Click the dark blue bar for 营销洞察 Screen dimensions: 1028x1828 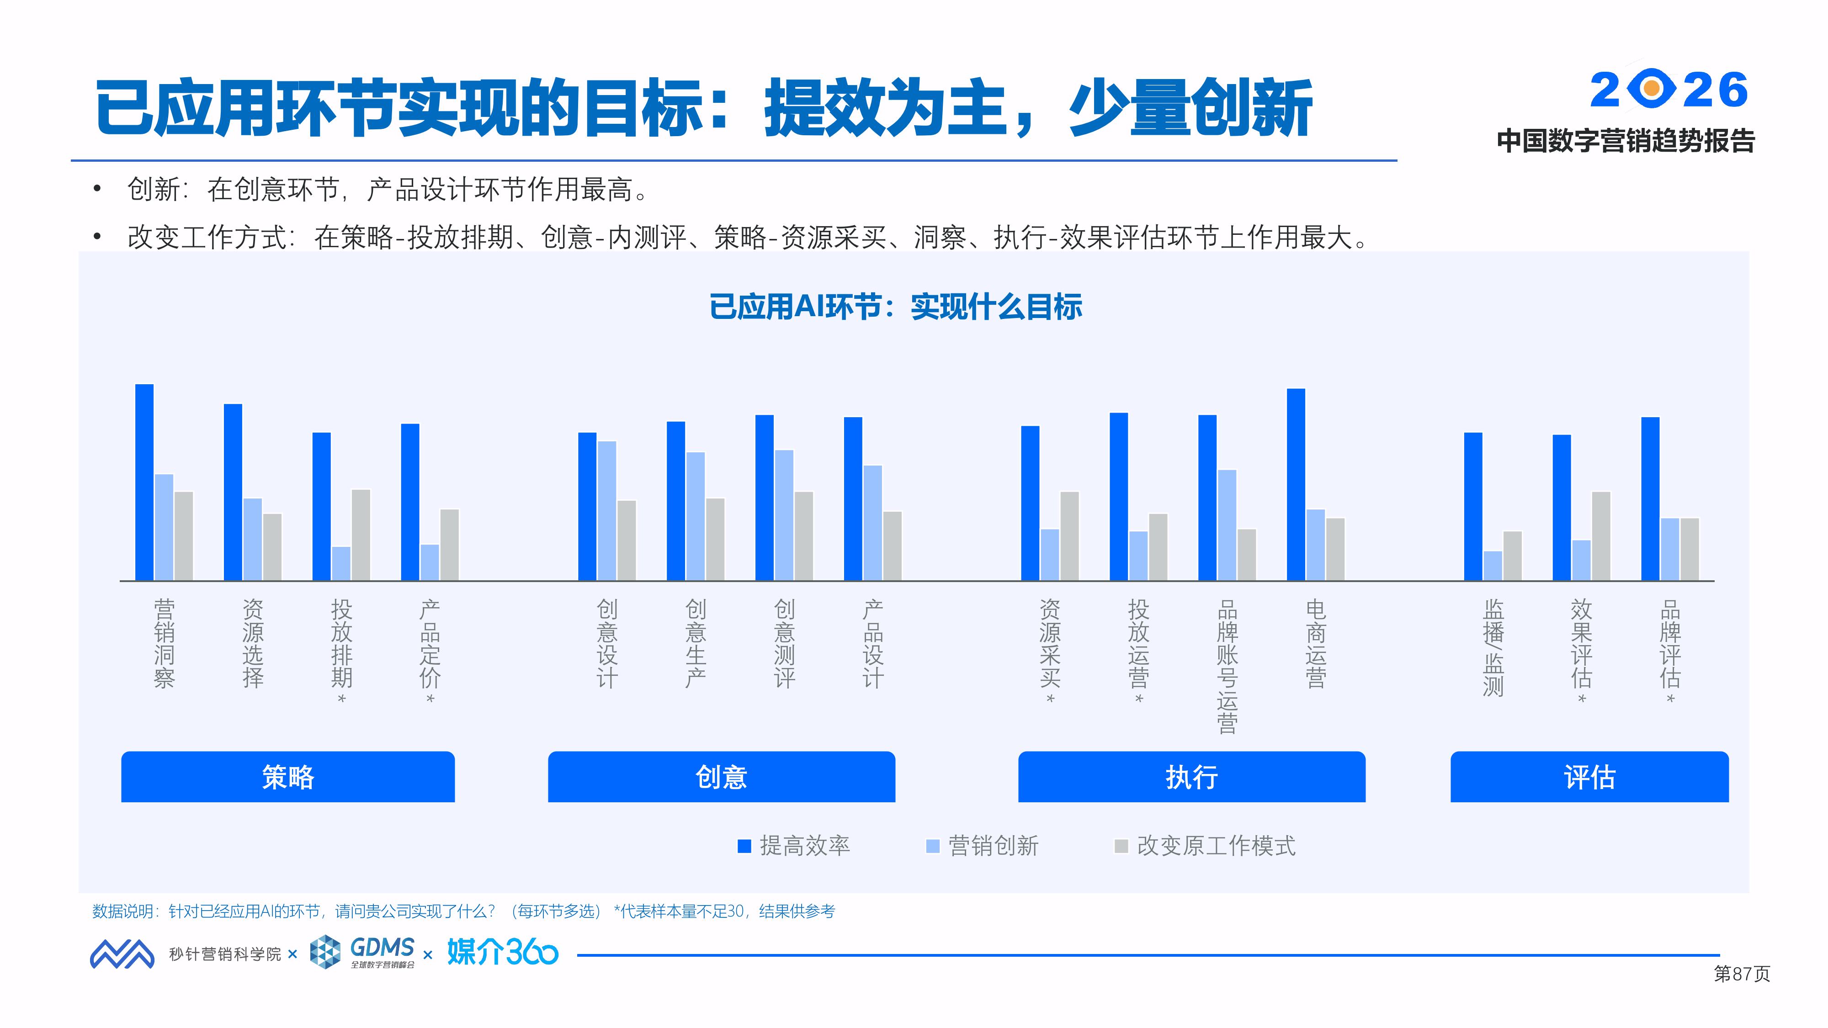pyautogui.click(x=144, y=482)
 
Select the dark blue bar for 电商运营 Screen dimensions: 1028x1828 pyautogui.click(x=1296, y=485)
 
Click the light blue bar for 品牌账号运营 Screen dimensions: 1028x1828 pyautogui.click(x=1227, y=525)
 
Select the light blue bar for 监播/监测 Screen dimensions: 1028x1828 pyautogui.click(x=1493, y=566)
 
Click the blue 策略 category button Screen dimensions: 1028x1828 pyautogui.click(x=287, y=777)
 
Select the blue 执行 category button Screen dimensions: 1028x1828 pyautogui.click(x=1191, y=777)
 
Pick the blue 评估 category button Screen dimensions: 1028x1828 pyautogui.click(x=1589, y=777)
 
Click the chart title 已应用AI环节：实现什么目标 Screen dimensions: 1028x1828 pyautogui.click(x=896, y=307)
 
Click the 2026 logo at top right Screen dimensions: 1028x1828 pyautogui.click(x=1669, y=90)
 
